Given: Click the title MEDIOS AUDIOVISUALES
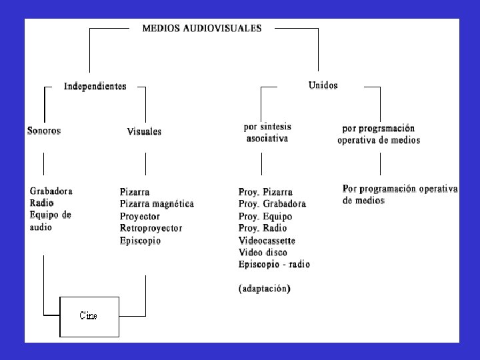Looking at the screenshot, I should [x=201, y=28].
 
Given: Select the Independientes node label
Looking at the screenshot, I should [x=95, y=86].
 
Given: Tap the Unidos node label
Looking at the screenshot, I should [x=323, y=85].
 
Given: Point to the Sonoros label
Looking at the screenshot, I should [x=44, y=131].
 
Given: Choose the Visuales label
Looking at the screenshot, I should [x=144, y=132].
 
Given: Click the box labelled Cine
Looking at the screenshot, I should [x=89, y=316].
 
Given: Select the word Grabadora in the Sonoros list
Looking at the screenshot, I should [x=51, y=191].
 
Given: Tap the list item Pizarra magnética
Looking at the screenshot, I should [x=157, y=203].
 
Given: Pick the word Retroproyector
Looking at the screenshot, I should [x=151, y=228].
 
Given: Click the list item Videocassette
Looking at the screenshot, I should [x=267, y=241].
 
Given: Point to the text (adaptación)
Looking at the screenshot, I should [x=265, y=289].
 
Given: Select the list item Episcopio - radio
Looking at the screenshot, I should [x=274, y=265].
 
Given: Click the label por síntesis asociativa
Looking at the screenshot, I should [x=267, y=132].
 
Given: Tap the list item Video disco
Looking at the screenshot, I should [x=263, y=253].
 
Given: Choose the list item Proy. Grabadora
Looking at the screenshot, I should [x=272, y=204].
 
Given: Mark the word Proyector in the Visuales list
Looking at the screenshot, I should [x=139, y=216].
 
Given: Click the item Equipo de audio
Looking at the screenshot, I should [x=50, y=221].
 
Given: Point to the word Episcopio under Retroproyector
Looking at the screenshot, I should [x=140, y=241].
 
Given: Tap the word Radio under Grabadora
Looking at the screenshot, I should [x=41, y=203].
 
